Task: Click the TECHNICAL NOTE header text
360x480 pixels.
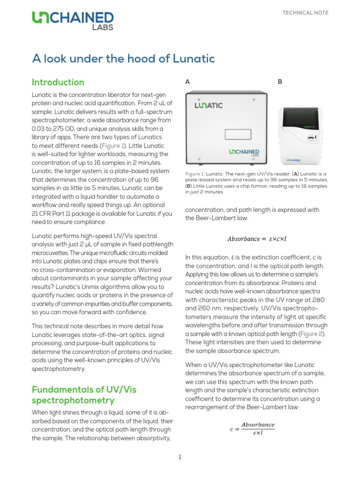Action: [x=305, y=13]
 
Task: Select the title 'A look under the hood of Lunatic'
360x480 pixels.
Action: [x=123, y=59]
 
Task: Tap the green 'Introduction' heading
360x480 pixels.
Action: [x=58, y=82]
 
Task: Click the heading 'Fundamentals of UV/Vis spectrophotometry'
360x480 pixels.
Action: [x=84, y=395]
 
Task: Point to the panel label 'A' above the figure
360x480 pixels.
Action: [x=187, y=82]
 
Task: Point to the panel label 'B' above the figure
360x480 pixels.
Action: [x=280, y=82]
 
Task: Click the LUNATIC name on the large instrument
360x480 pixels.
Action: [x=209, y=105]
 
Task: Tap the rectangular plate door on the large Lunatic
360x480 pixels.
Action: [x=239, y=134]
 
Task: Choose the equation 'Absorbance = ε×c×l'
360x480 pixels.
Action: [x=256, y=239]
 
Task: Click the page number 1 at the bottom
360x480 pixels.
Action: [x=180, y=457]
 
